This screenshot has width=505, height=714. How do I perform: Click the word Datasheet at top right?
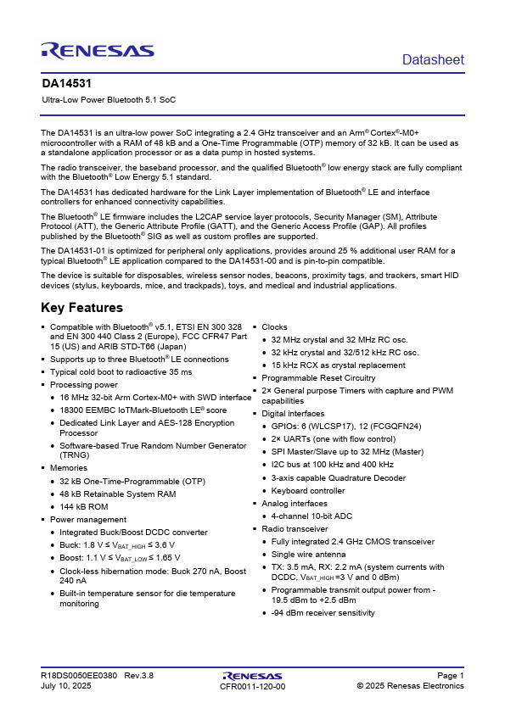pyautogui.click(x=433, y=59)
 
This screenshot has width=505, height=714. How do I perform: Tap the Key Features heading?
pyautogui.click(x=82, y=308)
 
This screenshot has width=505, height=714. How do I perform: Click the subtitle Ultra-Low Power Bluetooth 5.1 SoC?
pyautogui.click(x=109, y=100)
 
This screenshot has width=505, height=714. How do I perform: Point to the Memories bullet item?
pyautogui.click(x=68, y=467)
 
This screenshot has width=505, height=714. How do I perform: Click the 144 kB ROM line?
pyautogui.click(x=83, y=506)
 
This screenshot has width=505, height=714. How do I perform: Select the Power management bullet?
pyautogui.click(x=88, y=520)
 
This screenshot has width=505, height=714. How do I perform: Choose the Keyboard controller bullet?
pyautogui.click(x=308, y=490)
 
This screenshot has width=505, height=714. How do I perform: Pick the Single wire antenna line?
pyautogui.click(x=310, y=554)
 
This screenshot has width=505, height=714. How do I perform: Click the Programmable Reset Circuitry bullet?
pyautogui.click(x=318, y=377)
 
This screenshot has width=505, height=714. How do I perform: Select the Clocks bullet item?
pyautogui.click(x=274, y=326)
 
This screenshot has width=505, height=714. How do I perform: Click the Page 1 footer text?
pyautogui.click(x=450, y=675)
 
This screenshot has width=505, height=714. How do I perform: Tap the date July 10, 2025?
pyautogui.click(x=65, y=686)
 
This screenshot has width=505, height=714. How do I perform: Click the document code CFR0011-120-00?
pyautogui.click(x=252, y=686)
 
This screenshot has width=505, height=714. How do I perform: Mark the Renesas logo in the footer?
pyautogui.click(x=252, y=675)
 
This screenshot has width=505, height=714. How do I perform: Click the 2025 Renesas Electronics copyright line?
pyautogui.click(x=410, y=686)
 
